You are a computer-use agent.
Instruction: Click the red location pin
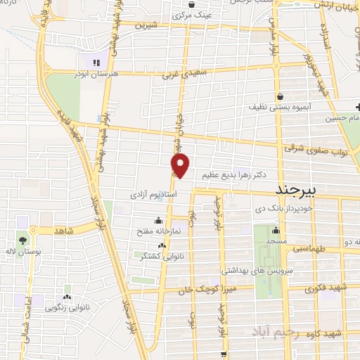[181, 166]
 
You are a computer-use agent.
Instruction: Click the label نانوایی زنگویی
[64, 307]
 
